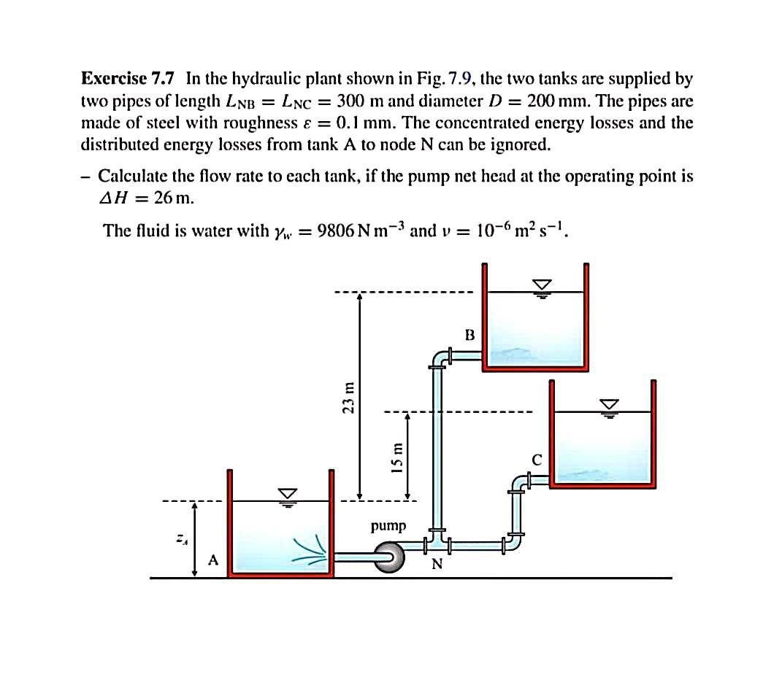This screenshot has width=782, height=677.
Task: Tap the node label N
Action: click(437, 564)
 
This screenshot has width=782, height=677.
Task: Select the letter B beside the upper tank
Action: click(469, 335)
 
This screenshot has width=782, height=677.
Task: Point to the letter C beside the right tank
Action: click(537, 460)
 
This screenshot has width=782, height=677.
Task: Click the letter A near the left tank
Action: click(213, 560)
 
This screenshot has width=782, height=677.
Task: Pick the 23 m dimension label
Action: click(349, 398)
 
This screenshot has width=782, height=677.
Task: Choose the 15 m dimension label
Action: click(396, 457)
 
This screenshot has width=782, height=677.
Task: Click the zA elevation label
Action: click(178, 539)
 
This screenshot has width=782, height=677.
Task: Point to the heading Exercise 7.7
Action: click(128, 78)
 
